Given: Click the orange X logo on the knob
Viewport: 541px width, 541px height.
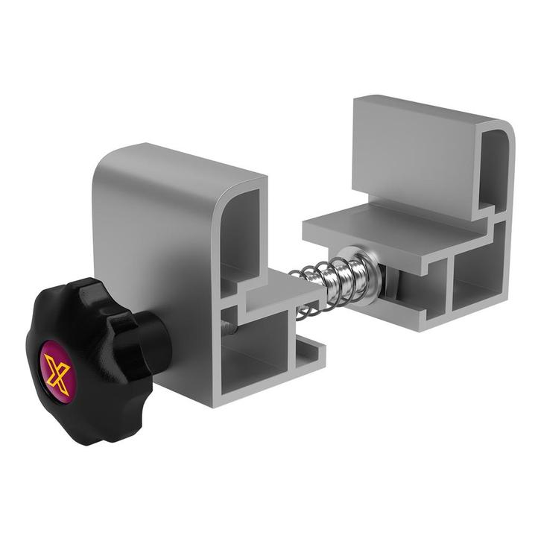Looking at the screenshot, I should pos(57,373).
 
